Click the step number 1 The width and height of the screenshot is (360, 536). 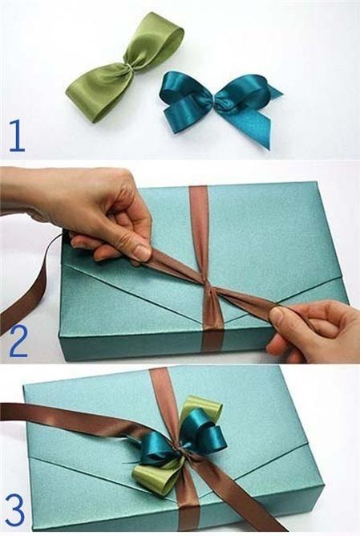click(16, 136)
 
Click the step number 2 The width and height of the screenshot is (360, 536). click(18, 342)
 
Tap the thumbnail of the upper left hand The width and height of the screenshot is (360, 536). click(141, 252)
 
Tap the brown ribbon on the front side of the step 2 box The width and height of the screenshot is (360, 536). click(212, 346)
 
